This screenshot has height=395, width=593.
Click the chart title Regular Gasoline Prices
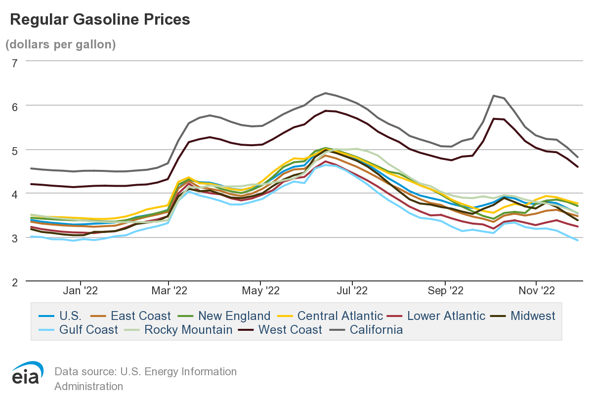[100, 19]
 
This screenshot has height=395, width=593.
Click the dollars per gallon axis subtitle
[60, 44]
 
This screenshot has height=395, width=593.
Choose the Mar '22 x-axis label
[168, 291]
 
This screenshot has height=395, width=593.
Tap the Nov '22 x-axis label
[536, 291]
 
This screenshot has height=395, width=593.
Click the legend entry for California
[376, 329]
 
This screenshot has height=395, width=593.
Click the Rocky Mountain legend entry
[188, 329]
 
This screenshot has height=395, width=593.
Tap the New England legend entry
[234, 316]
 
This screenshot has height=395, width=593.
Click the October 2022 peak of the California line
[494, 96]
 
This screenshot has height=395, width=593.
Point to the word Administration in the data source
[89, 386]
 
